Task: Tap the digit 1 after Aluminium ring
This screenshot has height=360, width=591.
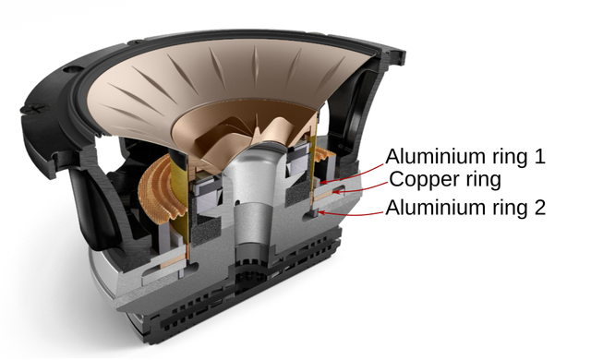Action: (539, 156)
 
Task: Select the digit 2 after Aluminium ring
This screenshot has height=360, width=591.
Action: (539, 207)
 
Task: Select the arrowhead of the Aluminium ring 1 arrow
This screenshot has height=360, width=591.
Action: (323, 182)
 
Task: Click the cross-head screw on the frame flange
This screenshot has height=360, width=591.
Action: (36, 109)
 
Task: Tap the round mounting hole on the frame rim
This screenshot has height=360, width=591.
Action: (72, 69)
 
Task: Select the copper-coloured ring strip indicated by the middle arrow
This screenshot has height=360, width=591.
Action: (323, 195)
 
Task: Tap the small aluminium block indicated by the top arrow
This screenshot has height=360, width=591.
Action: (316, 184)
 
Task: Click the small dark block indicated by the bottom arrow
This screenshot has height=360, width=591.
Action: (312, 213)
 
